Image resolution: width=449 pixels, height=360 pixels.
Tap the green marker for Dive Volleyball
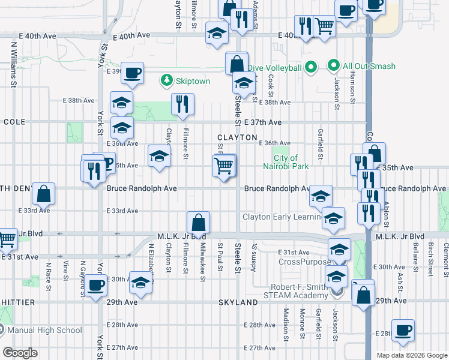[x=311, y=67]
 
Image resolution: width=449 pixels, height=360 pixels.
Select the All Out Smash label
[x=358, y=65]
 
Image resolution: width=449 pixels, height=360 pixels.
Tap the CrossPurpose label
[x=304, y=262]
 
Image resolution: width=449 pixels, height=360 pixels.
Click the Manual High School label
[x=45, y=330]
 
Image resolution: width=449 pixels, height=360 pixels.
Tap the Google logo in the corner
[x=20, y=353]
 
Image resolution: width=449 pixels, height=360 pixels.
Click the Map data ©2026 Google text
[x=412, y=355]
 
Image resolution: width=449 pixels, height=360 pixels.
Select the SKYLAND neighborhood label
[x=239, y=303]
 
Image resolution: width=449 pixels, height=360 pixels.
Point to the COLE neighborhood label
[x=14, y=122]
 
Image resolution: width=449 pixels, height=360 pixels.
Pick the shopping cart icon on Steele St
[x=224, y=165]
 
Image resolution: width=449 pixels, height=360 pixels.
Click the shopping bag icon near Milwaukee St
[x=198, y=223]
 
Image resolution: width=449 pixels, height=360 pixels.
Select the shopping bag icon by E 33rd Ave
[x=44, y=194]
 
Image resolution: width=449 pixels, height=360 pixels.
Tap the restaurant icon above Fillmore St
[x=183, y=104]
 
